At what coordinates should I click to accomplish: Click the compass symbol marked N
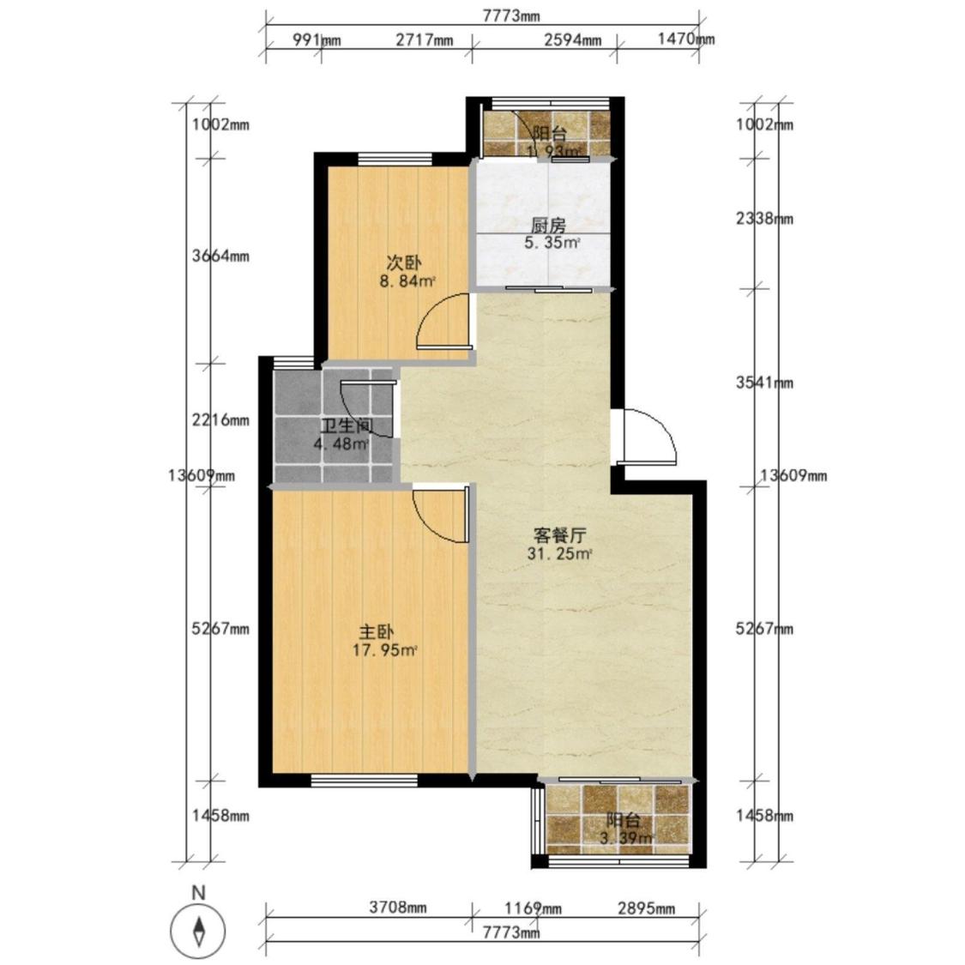point(199,929)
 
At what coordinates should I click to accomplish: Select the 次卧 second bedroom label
point(404,263)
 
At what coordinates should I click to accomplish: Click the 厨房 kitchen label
point(548,226)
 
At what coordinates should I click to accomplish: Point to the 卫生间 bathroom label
point(347,425)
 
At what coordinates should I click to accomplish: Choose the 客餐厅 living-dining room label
point(559,534)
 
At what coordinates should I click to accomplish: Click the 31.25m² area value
point(559,553)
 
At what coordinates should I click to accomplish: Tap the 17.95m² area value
point(384,650)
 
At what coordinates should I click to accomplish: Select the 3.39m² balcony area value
point(625,837)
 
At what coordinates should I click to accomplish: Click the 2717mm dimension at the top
point(424,40)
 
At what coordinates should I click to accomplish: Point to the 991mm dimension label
point(317,40)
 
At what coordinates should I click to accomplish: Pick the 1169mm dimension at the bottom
point(533,908)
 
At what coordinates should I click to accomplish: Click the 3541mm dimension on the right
point(765,383)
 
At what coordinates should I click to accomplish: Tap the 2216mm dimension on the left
point(220,420)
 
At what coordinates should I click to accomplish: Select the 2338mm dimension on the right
point(765,219)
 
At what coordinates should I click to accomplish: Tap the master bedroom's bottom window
point(365,781)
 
